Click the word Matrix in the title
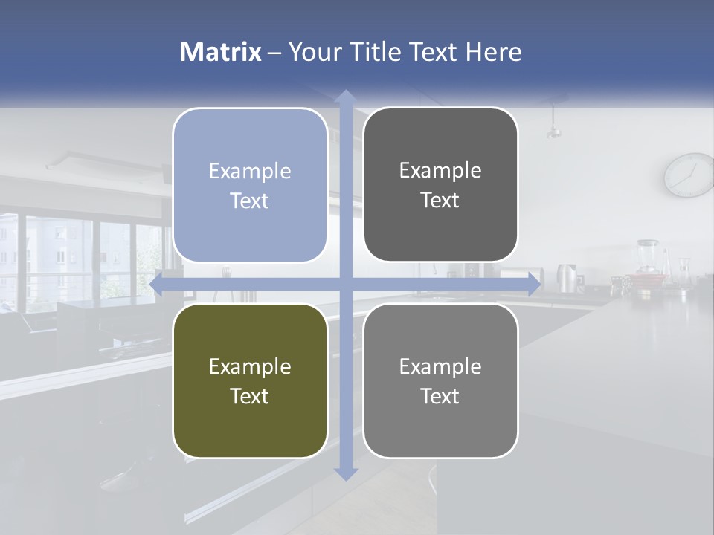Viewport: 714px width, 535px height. pos(220,52)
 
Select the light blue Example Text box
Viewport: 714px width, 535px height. pos(249,186)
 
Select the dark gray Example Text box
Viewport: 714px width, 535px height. pos(440,185)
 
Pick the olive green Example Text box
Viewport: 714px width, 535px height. pos(249,380)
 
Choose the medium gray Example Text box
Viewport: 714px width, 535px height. pos(440,380)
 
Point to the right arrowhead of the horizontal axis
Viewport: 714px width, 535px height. pos(534,284)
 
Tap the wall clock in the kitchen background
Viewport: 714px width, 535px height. pos(689,175)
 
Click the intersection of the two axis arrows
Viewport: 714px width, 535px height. pos(345,284)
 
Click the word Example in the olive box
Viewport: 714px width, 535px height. pos(249,366)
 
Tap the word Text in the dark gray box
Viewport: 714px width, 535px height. pos(440,200)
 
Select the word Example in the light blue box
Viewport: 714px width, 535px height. pos(249,171)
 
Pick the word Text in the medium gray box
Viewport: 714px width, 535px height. pos(440,396)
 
